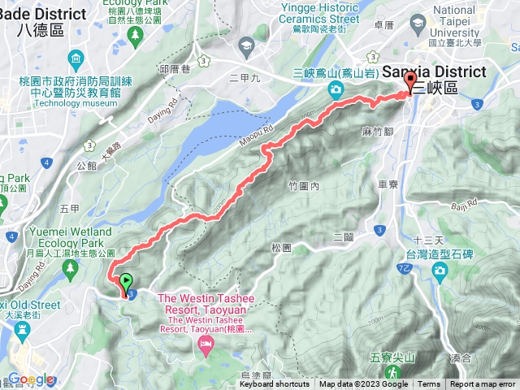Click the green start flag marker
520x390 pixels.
(x=126, y=283)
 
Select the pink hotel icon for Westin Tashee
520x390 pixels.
(x=206, y=347)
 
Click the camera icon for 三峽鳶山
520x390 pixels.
(x=335, y=89)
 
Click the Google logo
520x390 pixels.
(x=30, y=379)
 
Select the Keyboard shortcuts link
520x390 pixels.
(x=274, y=384)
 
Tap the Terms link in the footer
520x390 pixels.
(x=429, y=384)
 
